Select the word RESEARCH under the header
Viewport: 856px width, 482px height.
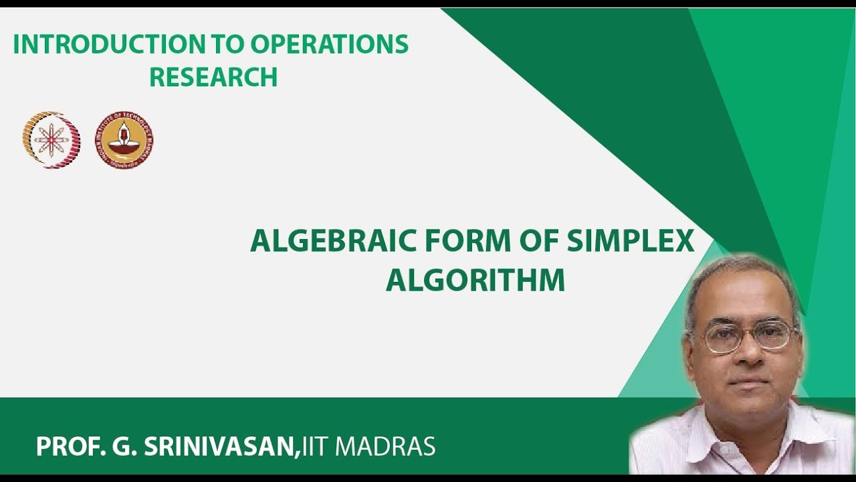pyautogui.click(x=213, y=78)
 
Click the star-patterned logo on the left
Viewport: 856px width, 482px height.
pyautogui.click(x=51, y=140)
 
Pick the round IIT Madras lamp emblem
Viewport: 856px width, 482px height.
pyautogui.click(x=124, y=140)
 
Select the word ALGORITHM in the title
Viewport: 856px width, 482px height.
pyautogui.click(x=475, y=280)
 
